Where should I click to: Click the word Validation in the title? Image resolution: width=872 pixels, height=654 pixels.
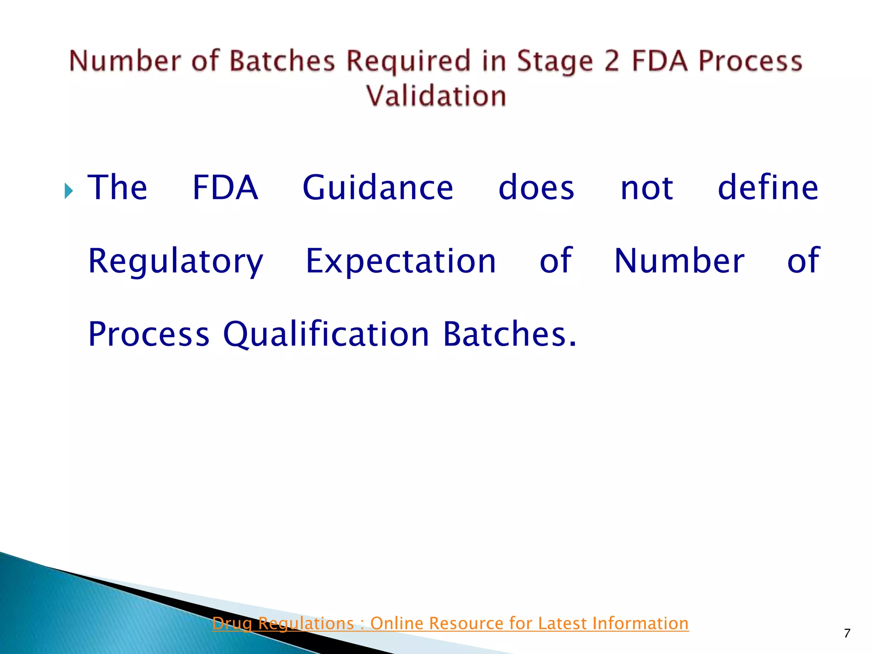point(436,95)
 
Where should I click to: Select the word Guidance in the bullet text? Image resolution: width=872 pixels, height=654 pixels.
point(378,188)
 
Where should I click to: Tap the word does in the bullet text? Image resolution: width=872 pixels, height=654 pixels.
point(536,188)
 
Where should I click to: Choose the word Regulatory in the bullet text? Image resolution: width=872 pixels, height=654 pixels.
point(175,261)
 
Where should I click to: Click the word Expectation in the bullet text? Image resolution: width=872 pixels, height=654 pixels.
point(401,261)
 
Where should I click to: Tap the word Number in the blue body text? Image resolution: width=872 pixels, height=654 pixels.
point(679,261)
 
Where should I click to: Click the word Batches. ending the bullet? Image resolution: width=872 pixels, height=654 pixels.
point(510,334)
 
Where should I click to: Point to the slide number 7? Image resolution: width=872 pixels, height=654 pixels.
point(846,634)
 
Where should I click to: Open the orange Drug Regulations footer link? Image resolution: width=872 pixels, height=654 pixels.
point(450,623)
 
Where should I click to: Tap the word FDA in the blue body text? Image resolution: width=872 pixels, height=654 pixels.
point(225,188)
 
